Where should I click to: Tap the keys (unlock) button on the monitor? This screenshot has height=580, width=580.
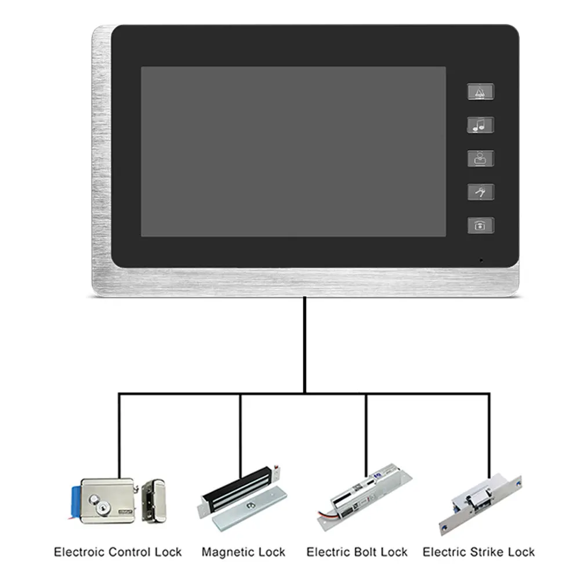point(481,192)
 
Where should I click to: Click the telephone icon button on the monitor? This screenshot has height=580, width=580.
point(481,226)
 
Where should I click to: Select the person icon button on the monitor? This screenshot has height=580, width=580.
point(481,158)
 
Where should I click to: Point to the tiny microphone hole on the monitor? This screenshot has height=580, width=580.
point(480,260)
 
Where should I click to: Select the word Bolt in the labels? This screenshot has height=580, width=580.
point(365,552)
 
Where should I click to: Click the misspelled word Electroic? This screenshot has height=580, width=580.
point(79,552)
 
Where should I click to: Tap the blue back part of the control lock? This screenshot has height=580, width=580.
point(75,498)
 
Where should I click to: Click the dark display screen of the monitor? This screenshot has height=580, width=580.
point(293,151)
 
